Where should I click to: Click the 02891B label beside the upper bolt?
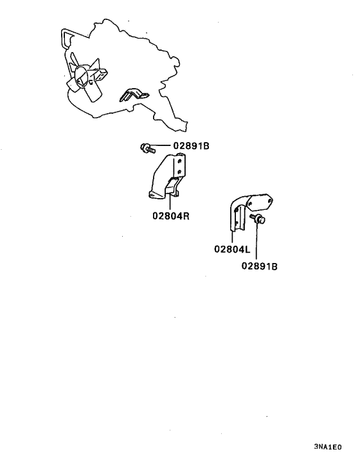tap(191, 145)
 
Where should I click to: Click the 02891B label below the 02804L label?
tap(259, 266)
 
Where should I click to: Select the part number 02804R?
tap(171, 215)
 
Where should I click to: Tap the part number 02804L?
tap(232, 249)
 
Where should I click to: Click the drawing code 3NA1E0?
tap(328, 447)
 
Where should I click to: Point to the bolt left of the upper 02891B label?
tap(148, 148)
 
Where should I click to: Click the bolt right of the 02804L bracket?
tap(258, 219)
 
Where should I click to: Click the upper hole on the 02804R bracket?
tap(180, 161)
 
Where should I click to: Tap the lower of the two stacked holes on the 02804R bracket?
tap(180, 172)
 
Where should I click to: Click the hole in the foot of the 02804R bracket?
tap(152, 195)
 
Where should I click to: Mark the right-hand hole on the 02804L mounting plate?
tap(270, 200)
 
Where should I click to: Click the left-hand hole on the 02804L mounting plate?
tap(249, 204)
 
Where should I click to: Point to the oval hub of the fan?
tap(81, 77)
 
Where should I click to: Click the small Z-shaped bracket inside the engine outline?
tap(134, 95)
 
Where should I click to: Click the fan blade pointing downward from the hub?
tap(94, 92)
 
